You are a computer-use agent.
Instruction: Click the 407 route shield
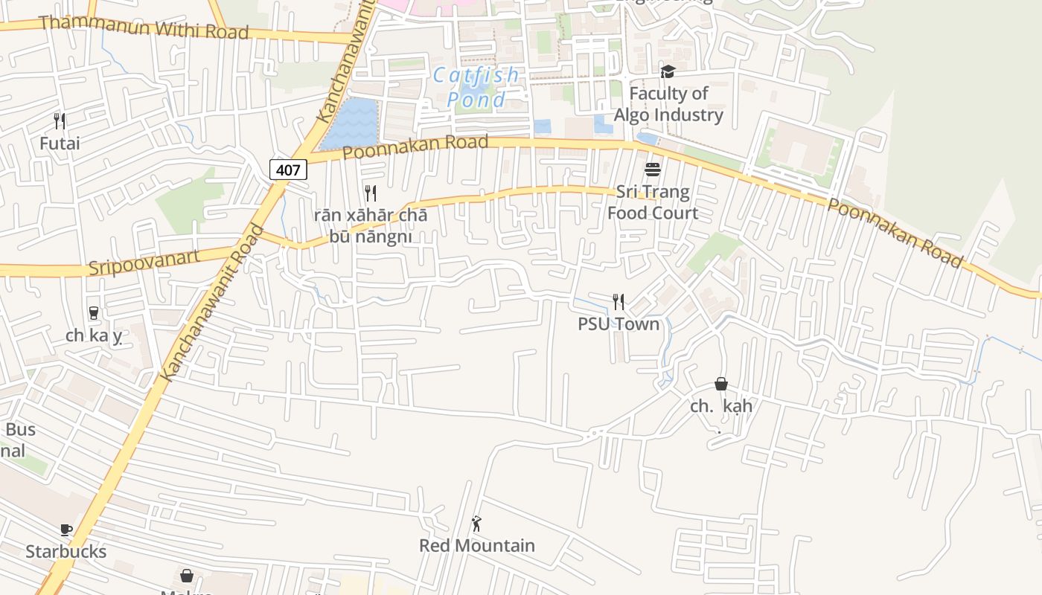click(x=288, y=170)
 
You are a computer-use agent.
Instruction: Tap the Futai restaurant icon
click(x=60, y=120)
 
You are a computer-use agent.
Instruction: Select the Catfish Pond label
click(x=476, y=87)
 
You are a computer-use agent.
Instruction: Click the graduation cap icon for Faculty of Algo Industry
click(x=668, y=71)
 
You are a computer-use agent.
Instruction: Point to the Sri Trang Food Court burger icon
click(x=653, y=170)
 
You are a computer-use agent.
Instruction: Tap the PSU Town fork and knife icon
click(x=619, y=301)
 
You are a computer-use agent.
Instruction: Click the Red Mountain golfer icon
click(x=476, y=524)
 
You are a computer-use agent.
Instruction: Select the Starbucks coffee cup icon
click(x=66, y=530)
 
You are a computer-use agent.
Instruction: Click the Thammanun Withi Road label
click(x=143, y=28)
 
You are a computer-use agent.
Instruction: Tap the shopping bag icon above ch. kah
click(x=720, y=384)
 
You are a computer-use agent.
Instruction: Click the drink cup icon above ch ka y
click(x=94, y=313)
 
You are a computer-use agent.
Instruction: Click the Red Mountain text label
click(x=476, y=545)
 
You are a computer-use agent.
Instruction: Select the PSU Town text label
click(x=619, y=324)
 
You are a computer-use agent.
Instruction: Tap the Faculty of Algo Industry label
click(x=668, y=104)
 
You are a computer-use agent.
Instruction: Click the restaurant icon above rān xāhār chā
click(x=371, y=193)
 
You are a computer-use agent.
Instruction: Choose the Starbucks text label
click(x=66, y=551)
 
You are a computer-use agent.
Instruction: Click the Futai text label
click(x=60, y=143)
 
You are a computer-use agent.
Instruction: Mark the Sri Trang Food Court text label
click(x=653, y=202)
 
